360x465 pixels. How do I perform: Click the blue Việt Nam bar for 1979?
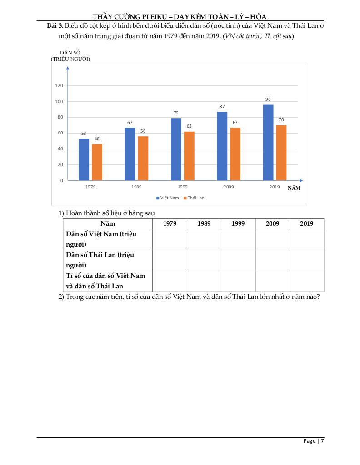click(x=84, y=159)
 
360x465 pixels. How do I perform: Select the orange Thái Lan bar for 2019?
click(x=281, y=153)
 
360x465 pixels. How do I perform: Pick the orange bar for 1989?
click(x=143, y=158)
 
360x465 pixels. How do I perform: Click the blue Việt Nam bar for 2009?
click(x=222, y=146)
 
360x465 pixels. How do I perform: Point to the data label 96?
click(x=268, y=99)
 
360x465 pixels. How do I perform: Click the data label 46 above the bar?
click(x=97, y=139)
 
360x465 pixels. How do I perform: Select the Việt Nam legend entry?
click(x=168, y=198)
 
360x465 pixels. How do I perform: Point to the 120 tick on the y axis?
click(x=59, y=85)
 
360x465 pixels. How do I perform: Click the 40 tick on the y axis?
click(x=60, y=149)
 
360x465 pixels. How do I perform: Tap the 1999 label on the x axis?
click(x=183, y=187)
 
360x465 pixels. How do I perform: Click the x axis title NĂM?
click(x=294, y=188)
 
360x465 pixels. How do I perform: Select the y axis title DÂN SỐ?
click(x=70, y=53)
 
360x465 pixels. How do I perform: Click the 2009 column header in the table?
click(x=272, y=224)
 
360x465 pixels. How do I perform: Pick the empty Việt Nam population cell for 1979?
click(x=170, y=239)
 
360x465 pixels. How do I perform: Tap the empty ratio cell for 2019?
click(x=307, y=281)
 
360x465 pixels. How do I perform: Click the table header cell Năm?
click(x=108, y=224)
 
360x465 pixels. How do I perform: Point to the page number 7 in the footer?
click(x=322, y=441)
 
